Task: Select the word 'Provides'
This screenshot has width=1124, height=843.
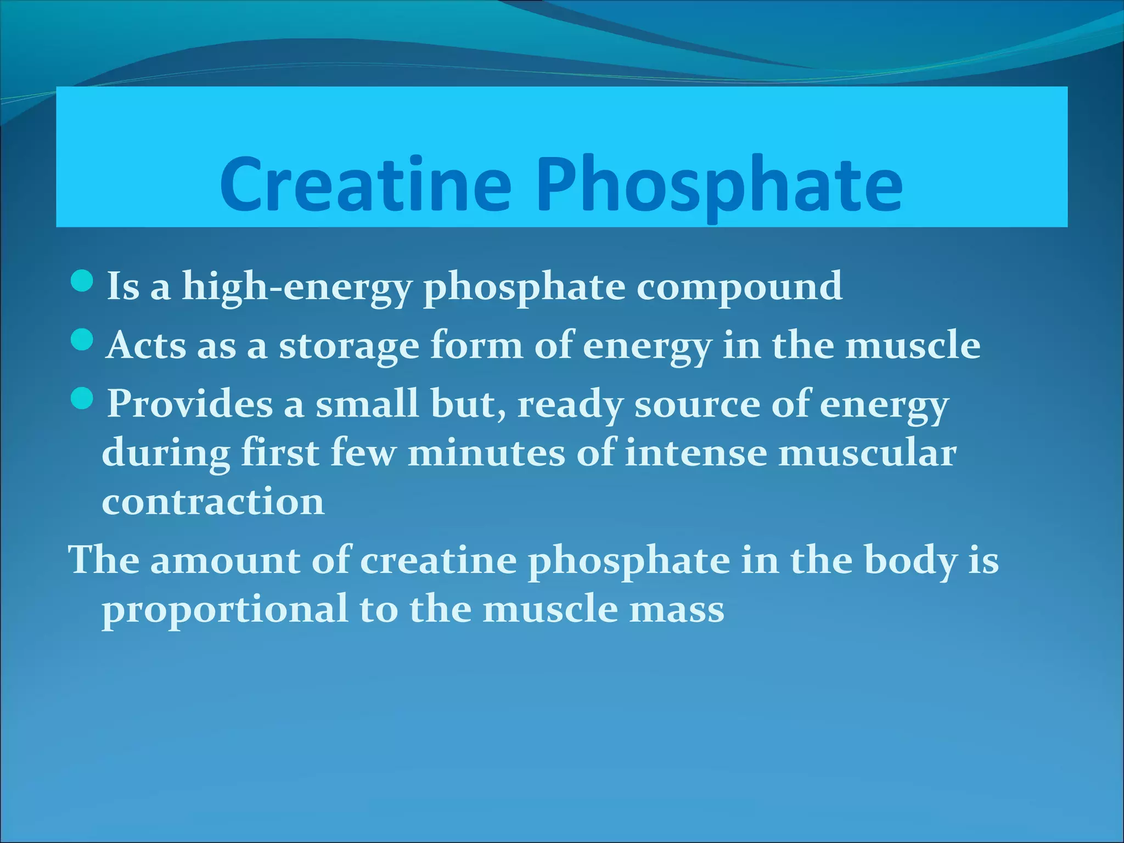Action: (190, 404)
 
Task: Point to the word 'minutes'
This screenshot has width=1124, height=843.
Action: (486, 453)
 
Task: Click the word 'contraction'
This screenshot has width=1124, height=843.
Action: (213, 502)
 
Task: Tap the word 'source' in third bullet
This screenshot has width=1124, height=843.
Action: (697, 405)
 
